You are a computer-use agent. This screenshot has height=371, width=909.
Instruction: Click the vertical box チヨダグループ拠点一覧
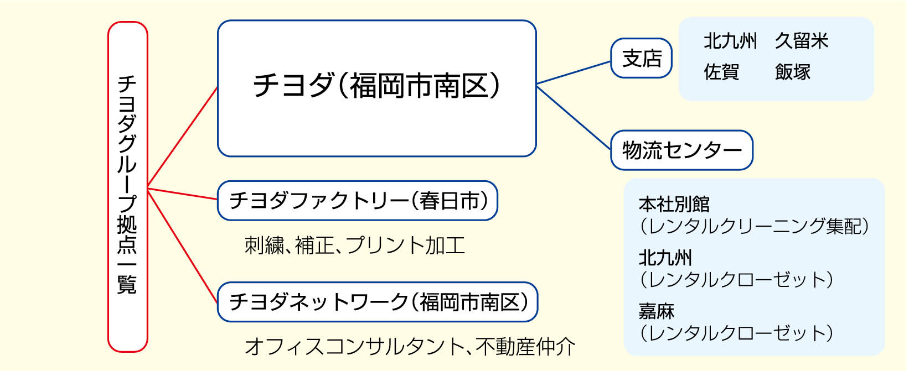pos(127,186)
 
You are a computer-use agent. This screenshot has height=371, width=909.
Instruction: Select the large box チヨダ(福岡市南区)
pos(376,88)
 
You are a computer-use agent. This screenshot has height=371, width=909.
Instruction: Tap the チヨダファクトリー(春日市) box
pos(358,201)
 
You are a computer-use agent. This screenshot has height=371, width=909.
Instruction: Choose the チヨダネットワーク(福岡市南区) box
pos(378,302)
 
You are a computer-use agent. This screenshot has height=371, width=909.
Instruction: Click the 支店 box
pos(641,58)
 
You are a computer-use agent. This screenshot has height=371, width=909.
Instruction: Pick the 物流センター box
pos(681,150)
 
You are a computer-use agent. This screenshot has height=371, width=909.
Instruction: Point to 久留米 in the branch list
pos(801,41)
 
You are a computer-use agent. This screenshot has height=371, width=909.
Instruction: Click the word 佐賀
pos(721,72)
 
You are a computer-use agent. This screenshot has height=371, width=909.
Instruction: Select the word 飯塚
pos(792,72)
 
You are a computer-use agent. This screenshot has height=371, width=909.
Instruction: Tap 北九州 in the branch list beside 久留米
pos(730,41)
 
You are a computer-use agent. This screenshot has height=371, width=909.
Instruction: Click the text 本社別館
pos(674,205)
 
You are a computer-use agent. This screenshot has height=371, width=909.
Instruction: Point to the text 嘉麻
pos(656,311)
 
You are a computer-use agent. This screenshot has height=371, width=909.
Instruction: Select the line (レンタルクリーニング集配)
pos(754,226)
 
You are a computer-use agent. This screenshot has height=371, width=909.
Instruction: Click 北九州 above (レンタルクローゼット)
pos(665,258)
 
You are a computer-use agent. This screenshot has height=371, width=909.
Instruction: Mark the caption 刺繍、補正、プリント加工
pos(354,245)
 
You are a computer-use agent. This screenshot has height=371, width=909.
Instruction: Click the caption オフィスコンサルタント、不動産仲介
pos(410,347)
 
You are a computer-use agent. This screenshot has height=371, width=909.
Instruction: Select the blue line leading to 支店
pos(574,73)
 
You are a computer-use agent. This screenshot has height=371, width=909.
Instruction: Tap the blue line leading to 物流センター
pos(574,117)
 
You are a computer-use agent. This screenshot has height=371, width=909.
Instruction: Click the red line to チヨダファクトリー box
pos(183,194)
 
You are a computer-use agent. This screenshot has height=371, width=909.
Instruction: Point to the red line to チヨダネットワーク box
pos(183,245)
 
